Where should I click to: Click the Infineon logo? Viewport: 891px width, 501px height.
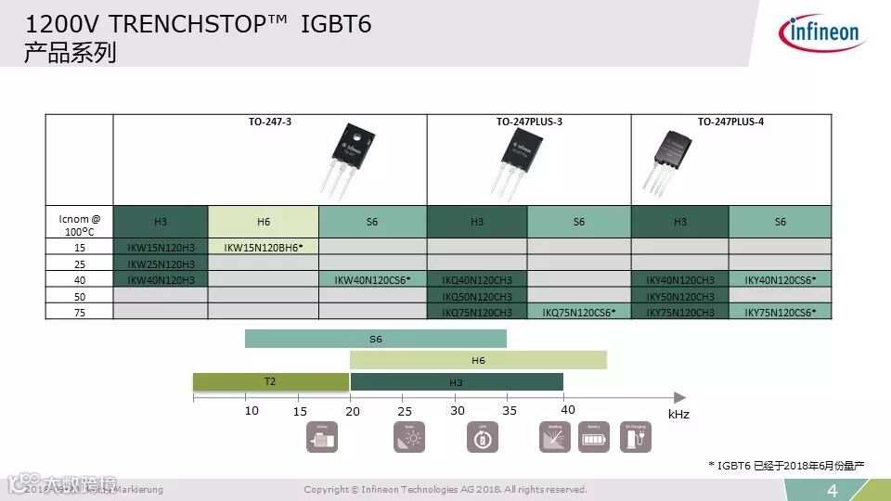tap(822, 33)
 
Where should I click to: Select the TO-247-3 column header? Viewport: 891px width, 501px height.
tap(270, 122)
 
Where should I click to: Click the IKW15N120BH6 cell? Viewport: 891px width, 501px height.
tap(264, 247)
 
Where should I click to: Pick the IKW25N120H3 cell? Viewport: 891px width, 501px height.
tap(161, 263)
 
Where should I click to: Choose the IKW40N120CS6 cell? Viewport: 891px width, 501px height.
tap(372, 279)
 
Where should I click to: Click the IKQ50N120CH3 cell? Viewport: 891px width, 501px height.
tap(477, 296)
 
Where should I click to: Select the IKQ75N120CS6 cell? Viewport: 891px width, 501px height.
tap(579, 313)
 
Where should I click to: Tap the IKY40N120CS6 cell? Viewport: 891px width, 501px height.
tap(781, 279)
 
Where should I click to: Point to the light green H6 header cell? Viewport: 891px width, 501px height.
tap(264, 222)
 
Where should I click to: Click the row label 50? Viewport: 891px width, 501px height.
tap(79, 296)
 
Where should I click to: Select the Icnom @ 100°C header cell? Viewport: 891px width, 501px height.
tap(79, 223)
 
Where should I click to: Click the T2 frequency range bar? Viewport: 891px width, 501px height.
tap(270, 381)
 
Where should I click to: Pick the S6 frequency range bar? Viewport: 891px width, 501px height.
tap(376, 339)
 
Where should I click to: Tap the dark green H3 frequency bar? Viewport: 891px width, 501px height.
tap(457, 382)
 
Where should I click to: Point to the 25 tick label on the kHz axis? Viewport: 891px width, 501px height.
tap(405, 411)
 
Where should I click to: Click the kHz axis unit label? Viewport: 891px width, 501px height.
tap(678, 415)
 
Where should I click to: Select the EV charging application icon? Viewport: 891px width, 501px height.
tap(636, 436)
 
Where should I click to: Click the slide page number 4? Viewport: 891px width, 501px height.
tap(833, 491)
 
